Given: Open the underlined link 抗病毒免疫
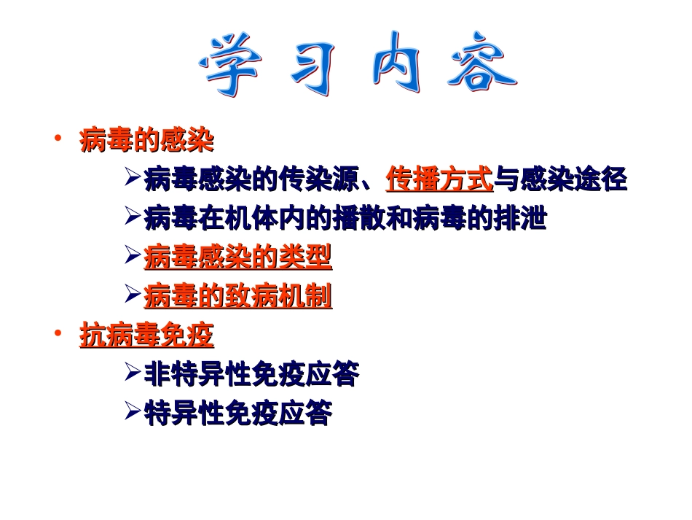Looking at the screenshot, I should pyautogui.click(x=146, y=336).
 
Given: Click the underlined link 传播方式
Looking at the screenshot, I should pyautogui.click(x=440, y=179).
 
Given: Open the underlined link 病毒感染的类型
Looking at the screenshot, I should pyautogui.click(x=238, y=257).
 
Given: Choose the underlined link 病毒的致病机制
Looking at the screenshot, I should pyautogui.click(x=238, y=296).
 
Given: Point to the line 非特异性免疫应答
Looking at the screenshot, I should pyautogui.click(x=251, y=375).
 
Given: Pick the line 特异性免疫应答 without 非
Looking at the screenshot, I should pyautogui.click(x=238, y=414).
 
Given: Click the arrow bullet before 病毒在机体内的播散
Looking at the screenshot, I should pyautogui.click(x=133, y=216).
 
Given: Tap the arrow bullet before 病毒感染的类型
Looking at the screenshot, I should pyautogui.click(x=133, y=255).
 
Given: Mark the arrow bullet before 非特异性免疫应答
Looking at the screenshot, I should pyautogui.click(x=133, y=373).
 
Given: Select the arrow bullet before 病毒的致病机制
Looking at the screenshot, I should pyautogui.click(x=133, y=295).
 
